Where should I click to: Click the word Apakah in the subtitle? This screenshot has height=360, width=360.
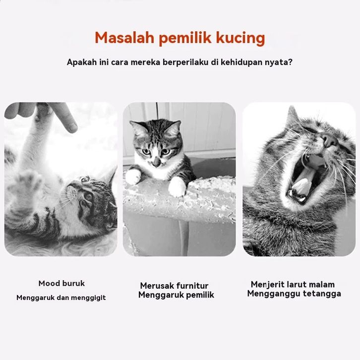82,62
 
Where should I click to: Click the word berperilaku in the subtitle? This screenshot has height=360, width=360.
185,62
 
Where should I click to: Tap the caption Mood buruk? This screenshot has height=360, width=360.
61,284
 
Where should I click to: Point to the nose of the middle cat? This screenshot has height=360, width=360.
157,162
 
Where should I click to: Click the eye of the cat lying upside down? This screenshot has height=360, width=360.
88,197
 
